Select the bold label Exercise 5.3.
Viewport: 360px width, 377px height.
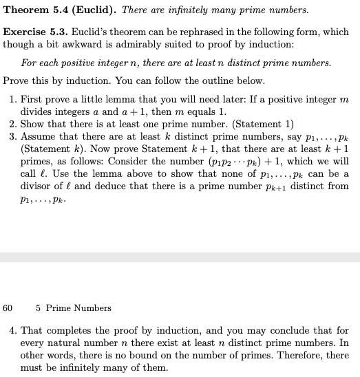(31, 32)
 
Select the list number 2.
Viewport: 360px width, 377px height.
(13, 124)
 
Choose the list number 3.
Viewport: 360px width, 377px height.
(13, 136)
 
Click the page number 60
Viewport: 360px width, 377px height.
(8, 308)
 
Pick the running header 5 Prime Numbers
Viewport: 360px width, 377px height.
(74, 308)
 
